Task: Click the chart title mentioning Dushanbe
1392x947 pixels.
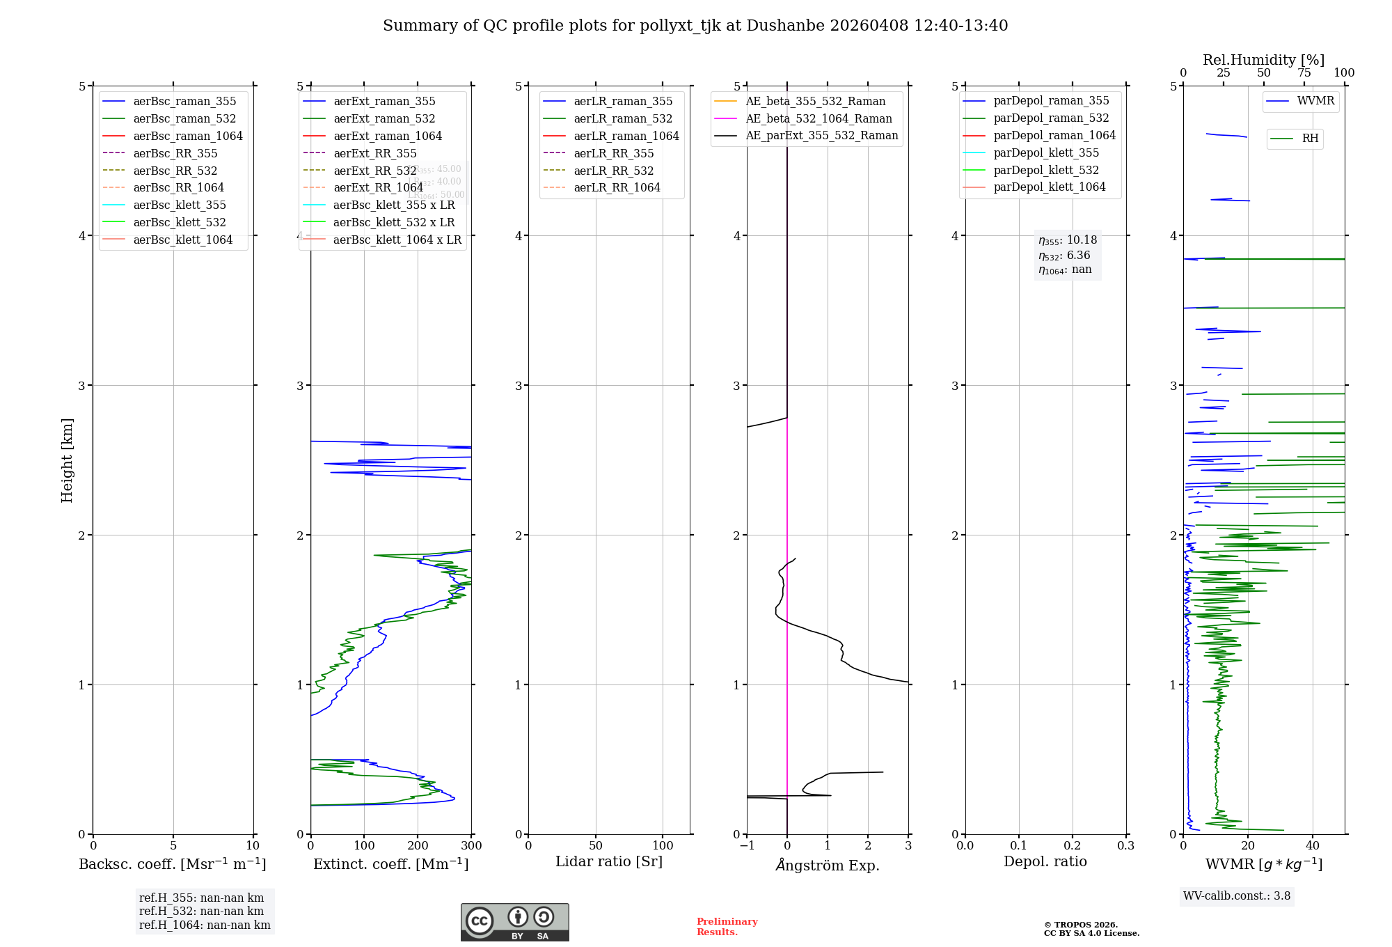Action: click(695, 26)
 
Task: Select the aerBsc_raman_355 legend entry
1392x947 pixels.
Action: click(184, 102)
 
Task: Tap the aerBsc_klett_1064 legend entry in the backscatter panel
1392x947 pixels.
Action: click(182, 240)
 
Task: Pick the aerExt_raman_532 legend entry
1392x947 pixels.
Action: click(384, 119)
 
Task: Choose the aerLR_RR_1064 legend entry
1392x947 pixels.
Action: click(617, 188)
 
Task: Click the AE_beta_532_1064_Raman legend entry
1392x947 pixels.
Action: click(818, 119)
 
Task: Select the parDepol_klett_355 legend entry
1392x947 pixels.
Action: click(1046, 153)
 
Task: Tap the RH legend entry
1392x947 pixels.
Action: click(1310, 139)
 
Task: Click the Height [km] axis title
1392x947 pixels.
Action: click(67, 460)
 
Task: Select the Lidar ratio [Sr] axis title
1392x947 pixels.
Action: click(609, 862)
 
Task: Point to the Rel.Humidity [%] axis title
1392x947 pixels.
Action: click(1263, 60)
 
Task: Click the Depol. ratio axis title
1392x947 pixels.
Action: click(1045, 862)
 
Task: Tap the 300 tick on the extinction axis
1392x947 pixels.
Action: click(472, 846)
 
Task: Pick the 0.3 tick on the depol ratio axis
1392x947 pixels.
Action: click(1125, 846)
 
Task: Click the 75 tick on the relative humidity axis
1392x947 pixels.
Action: click(1304, 73)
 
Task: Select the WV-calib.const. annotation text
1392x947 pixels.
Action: click(1237, 896)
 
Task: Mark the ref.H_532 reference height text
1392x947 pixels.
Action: click(201, 911)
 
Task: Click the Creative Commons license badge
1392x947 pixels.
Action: click(514, 923)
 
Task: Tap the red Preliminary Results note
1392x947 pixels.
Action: click(727, 927)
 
